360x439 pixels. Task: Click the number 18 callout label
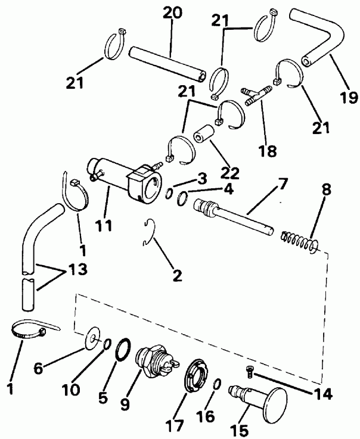(x=268, y=150)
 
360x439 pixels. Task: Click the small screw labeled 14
(x=249, y=372)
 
